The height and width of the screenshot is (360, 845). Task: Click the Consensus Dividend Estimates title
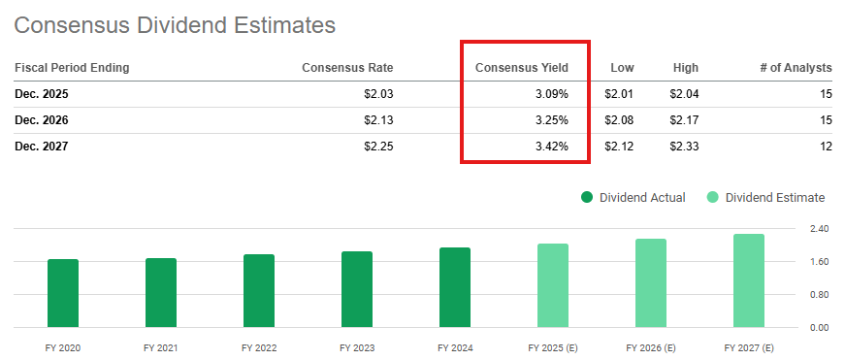pos(175,25)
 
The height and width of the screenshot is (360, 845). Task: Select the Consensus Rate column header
pos(347,68)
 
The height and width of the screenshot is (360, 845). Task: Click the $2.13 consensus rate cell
pos(375,120)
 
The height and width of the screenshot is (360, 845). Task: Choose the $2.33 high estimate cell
pos(683,147)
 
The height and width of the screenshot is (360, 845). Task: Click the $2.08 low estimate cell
pos(619,120)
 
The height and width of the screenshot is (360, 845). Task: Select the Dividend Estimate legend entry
pos(765,198)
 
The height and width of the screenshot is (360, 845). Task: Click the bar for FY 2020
pos(63,293)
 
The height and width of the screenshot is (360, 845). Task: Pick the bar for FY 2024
pos(455,287)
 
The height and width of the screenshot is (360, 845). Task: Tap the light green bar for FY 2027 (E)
pos(749,280)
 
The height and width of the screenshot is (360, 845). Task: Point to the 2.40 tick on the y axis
pos(818,229)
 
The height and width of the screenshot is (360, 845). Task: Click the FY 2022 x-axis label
pos(259,347)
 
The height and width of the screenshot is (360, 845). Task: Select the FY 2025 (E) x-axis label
pos(553,347)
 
